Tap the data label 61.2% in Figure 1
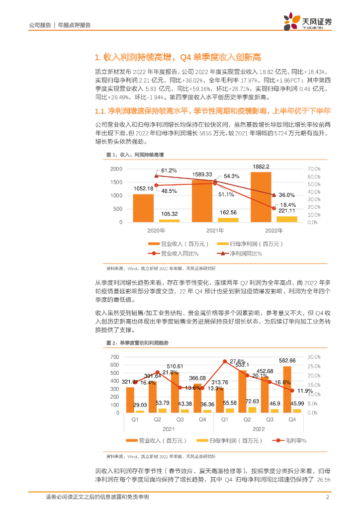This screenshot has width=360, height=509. pos(169,170)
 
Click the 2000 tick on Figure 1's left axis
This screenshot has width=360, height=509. pos(115,170)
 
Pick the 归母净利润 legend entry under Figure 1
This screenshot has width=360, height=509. pos(249,244)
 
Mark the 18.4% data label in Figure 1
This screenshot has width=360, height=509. pos(288,205)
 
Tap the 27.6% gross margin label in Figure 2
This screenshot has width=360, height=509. pos(238,361)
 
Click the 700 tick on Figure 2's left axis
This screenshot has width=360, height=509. pos(115,357)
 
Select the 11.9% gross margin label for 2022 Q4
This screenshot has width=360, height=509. pos(305,391)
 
